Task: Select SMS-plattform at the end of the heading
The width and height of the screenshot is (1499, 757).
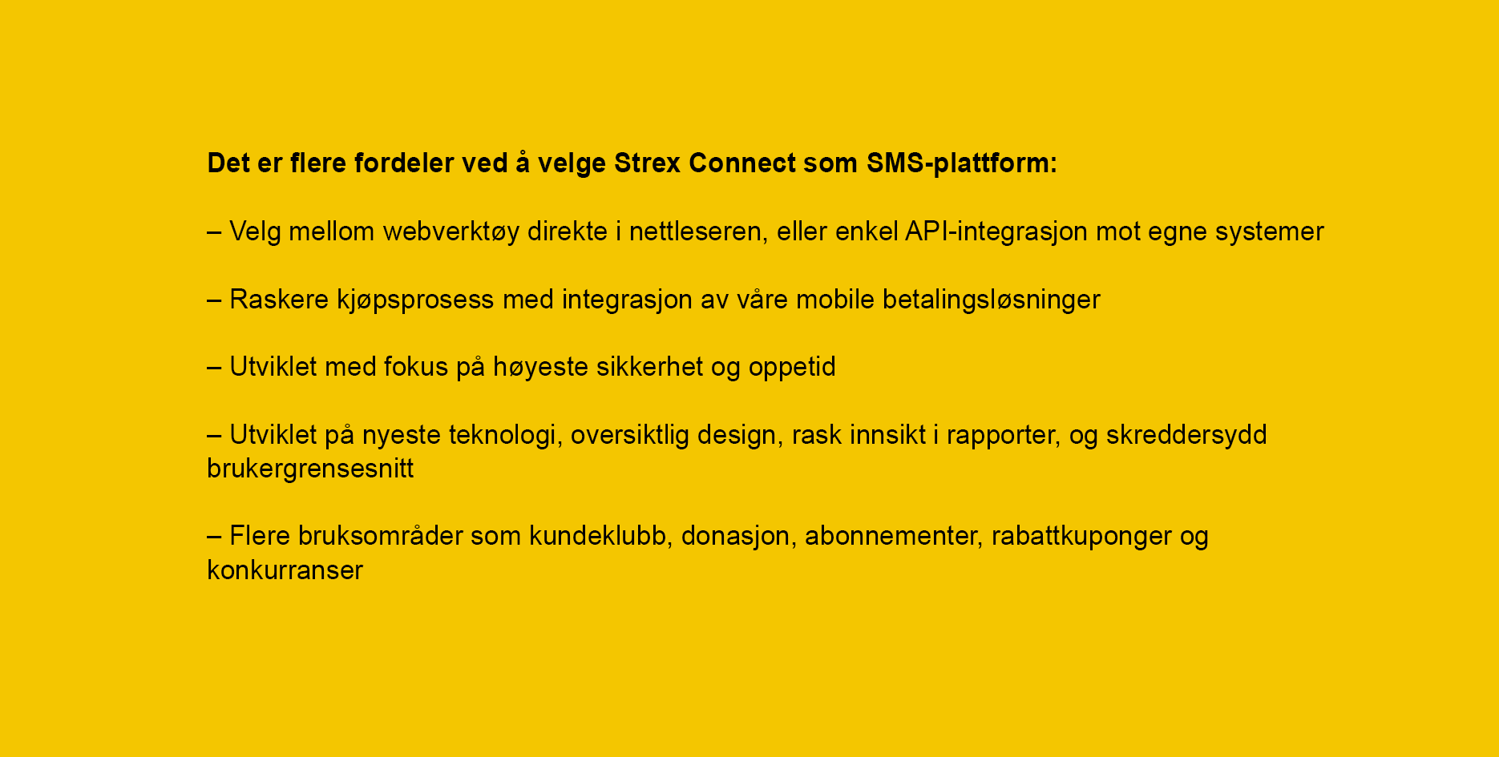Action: click(x=962, y=163)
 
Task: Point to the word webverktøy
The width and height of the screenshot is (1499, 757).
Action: click(x=451, y=232)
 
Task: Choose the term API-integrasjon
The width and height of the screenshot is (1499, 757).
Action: click(x=996, y=232)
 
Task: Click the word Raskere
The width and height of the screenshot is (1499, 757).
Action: click(x=279, y=300)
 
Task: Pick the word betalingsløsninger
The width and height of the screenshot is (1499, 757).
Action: click(x=992, y=300)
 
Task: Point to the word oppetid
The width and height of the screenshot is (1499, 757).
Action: click(x=792, y=368)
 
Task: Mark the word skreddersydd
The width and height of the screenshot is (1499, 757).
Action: click(x=1186, y=436)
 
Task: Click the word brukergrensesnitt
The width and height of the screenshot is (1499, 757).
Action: click(x=310, y=469)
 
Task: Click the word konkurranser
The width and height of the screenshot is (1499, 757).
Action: click(x=285, y=570)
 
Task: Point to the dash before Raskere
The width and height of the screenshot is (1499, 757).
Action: click(x=215, y=300)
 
